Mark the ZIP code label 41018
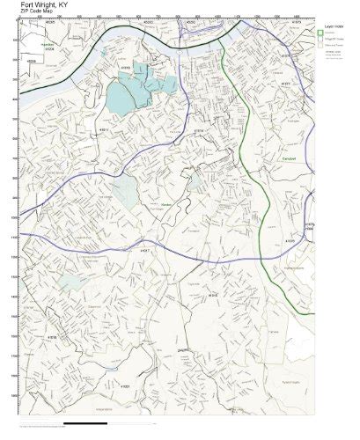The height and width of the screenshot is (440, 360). [x=53, y=336]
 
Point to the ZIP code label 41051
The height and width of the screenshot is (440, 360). [x=125, y=385]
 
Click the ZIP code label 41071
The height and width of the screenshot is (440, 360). [x=284, y=84]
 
